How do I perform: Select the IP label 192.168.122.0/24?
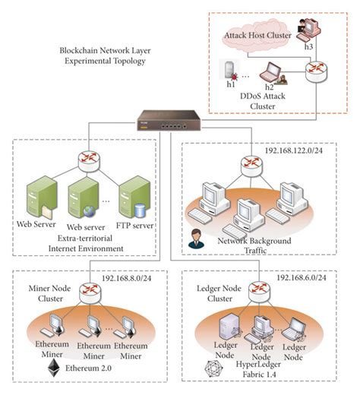295,151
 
